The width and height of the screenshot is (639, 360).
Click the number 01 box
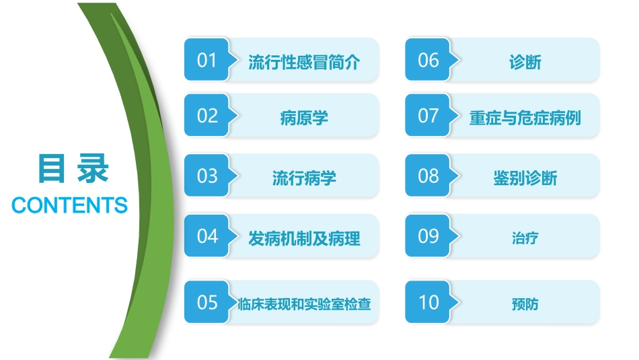[207, 60]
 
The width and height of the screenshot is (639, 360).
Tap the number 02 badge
[207, 115]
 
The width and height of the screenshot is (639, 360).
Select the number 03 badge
[207, 176]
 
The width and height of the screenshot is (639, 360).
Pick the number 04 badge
[207, 236]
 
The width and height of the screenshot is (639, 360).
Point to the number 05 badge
[207, 302]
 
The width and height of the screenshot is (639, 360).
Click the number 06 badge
[428, 60]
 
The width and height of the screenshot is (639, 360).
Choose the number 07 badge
[428, 115]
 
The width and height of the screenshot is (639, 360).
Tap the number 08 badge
[428, 176]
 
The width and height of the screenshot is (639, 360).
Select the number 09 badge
[428, 236]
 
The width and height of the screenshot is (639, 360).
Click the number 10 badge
[428, 302]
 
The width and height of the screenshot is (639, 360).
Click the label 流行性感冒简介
[304, 63]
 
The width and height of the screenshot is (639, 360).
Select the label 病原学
[304, 118]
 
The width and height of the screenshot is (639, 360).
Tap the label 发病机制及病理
[304, 238]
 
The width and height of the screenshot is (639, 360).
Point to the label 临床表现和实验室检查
[304, 304]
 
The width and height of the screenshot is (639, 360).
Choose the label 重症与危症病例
[525, 118]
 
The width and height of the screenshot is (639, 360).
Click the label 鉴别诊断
[525, 178]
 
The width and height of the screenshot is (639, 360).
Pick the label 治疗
[525, 238]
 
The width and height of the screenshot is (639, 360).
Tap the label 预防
[525, 304]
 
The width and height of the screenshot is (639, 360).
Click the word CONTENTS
[70, 205]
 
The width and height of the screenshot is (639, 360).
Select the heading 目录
[72, 169]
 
